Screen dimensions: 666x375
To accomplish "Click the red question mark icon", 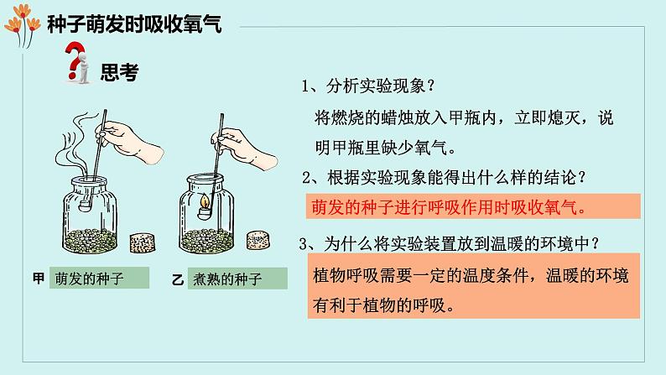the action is point(75,60).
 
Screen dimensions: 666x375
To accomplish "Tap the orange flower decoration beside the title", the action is point(23,24).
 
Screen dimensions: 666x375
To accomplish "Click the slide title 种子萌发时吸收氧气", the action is point(134,24).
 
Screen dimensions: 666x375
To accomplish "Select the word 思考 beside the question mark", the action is point(119,72).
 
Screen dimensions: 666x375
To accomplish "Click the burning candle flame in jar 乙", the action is point(206,200).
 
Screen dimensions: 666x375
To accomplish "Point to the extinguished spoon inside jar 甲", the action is point(86,206).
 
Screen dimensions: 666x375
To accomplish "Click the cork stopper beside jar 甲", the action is point(142,243).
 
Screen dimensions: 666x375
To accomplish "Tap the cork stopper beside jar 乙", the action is point(258,240).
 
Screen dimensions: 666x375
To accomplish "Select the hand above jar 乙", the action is point(244,149).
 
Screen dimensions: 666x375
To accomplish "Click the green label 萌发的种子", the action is point(99,279).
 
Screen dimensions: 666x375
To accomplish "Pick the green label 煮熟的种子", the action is point(237,279).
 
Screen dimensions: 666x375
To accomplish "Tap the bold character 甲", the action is point(39,279).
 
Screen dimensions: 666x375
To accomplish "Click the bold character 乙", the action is point(178,280).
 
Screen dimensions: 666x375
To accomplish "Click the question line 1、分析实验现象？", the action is point(369,86).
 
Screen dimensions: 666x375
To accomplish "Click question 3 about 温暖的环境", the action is point(450,244).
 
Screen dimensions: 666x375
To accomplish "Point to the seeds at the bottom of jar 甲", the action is point(90,241).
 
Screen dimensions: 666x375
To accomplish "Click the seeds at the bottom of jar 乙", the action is point(206,241).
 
